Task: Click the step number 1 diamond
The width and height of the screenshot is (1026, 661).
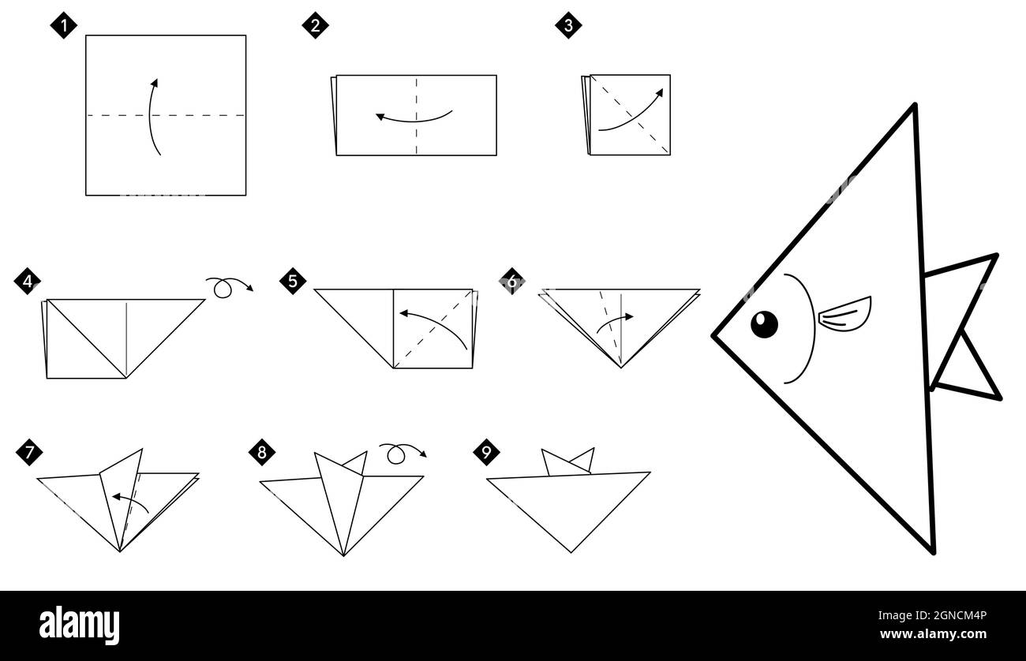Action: click(64, 25)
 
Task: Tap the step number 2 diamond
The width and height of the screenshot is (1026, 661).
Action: click(315, 25)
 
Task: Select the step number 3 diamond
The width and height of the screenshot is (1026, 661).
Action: click(568, 25)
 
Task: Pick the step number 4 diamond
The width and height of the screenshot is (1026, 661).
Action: click(28, 282)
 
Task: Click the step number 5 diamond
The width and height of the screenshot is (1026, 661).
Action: click(293, 281)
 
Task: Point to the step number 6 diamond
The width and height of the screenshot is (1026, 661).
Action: click(512, 281)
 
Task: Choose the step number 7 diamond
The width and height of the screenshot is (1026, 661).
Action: click(29, 453)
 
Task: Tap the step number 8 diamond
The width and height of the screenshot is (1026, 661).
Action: click(261, 452)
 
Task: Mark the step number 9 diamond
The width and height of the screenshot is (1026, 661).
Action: click(486, 452)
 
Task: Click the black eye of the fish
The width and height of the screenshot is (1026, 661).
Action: click(764, 324)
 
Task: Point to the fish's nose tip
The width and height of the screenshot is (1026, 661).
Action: click(714, 336)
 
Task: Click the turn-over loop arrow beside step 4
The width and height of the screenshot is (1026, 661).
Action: click(228, 287)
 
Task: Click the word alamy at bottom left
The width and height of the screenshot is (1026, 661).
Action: click(80, 625)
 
